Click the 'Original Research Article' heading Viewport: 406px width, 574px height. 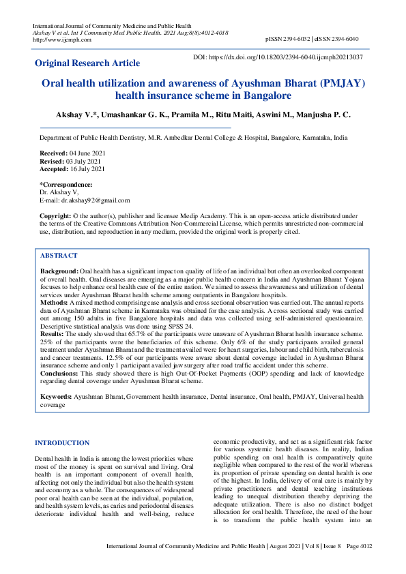pos(87,63)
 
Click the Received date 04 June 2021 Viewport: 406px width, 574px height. pos(87,154)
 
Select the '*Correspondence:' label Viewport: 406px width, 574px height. pos(66,185)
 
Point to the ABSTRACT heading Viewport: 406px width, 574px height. pos(59,255)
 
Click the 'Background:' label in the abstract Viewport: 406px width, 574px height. pos(59,271)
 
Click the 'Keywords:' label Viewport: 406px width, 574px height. pos(56,395)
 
